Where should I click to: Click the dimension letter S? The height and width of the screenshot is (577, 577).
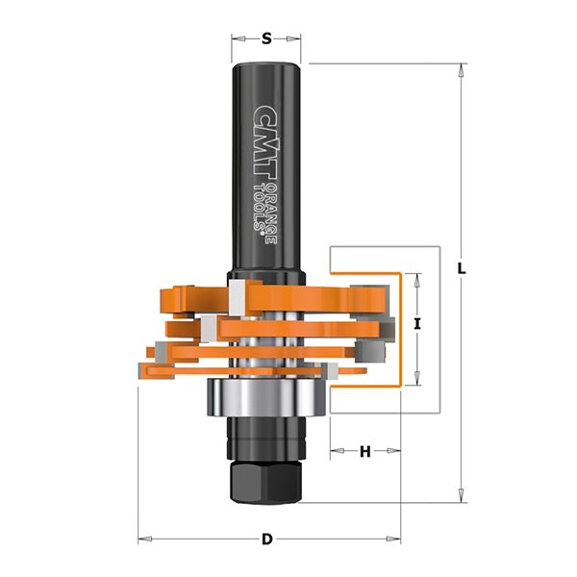(266, 38)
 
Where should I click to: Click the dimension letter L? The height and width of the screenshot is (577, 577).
(462, 268)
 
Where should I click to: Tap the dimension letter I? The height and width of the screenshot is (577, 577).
(417, 324)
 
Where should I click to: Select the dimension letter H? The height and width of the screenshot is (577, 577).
(364, 451)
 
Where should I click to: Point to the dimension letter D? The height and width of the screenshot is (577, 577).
(267, 539)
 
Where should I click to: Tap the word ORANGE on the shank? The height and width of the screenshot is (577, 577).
(272, 213)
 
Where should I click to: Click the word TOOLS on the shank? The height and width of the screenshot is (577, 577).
(260, 208)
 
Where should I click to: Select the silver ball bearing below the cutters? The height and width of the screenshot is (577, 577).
(265, 397)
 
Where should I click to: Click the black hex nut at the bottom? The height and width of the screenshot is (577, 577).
(265, 484)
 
